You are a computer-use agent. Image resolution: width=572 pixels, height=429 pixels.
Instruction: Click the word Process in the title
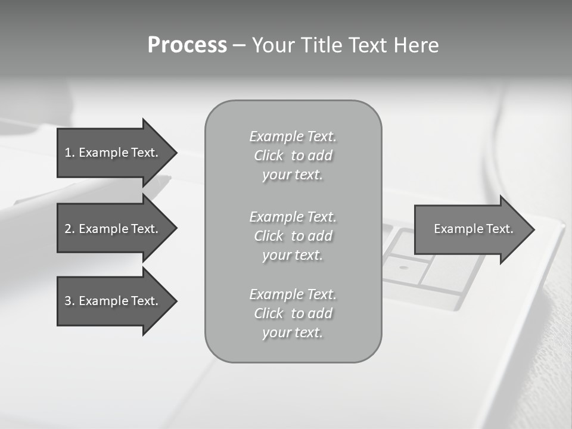[187, 45]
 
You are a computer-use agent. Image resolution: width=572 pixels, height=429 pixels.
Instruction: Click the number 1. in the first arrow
[69, 153]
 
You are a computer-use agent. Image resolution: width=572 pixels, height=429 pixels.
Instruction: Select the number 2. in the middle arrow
[69, 229]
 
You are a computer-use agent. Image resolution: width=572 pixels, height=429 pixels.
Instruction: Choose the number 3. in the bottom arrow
[69, 301]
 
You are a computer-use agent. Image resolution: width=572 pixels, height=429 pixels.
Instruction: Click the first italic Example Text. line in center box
[293, 136]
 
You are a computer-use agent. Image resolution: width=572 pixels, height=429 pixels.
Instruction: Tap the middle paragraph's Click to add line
[293, 236]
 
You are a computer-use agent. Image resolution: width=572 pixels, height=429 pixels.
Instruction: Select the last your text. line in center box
[293, 332]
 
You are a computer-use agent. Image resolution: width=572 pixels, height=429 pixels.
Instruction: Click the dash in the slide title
[239, 46]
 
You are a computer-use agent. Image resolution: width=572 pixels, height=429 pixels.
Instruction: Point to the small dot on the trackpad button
[404, 268]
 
